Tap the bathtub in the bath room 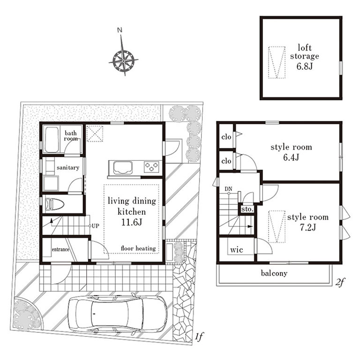(52, 139)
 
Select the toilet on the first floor (55, 204)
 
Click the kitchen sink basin (120, 167)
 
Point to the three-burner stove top (151, 167)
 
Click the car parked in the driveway (118, 314)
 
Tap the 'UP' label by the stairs (95, 226)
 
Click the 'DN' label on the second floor (228, 189)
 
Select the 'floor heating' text (138, 248)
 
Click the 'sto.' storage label (247, 209)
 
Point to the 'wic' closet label (236, 250)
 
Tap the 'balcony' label (274, 273)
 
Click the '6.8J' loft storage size (304, 67)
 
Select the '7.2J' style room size (307, 227)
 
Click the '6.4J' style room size (291, 157)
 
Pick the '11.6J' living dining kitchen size (132, 222)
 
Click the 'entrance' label (60, 249)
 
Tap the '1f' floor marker (199, 337)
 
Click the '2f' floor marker (340, 282)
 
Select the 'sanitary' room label (68, 168)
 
